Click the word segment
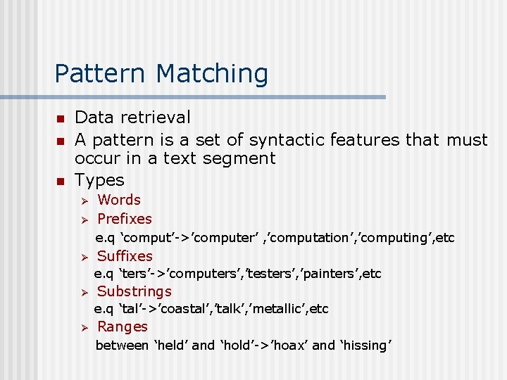pos(239,158)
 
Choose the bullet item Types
pos(99,180)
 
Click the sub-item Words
pos(119,200)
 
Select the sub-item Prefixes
pos(125,219)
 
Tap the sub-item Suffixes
pos(125,256)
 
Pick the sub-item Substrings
pos(134,291)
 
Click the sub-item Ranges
pos(123,327)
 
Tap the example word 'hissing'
pos(366,346)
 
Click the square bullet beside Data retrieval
pos(61,118)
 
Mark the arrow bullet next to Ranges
pos(82,327)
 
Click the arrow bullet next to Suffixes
pos(82,257)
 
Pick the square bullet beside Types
pos(61,181)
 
